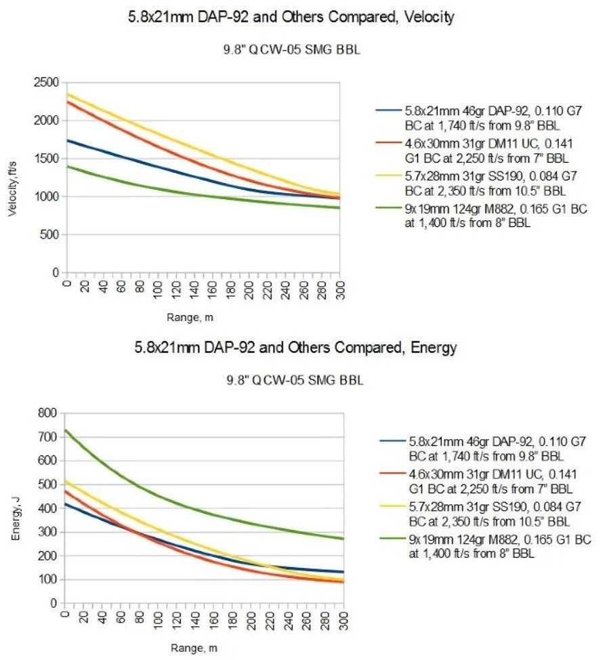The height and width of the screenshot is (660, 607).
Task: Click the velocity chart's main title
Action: coord(291,18)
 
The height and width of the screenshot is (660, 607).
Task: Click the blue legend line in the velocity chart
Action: coord(390,110)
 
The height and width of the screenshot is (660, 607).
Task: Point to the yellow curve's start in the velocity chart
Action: coord(66,94)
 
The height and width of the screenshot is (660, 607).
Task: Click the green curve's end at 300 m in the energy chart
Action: coord(343,539)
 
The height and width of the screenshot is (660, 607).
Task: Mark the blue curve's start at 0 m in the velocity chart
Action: coord(66,140)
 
